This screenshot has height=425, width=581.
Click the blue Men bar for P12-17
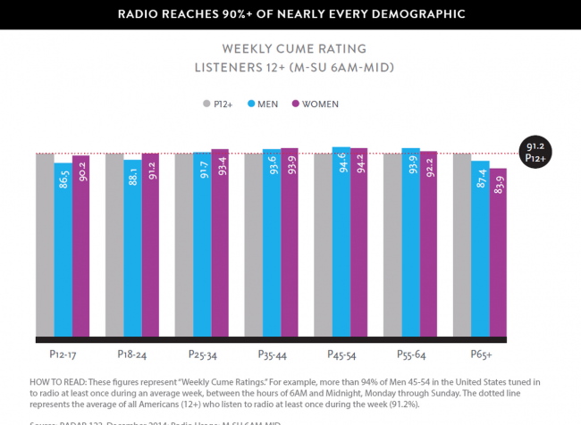coord(63,250)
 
